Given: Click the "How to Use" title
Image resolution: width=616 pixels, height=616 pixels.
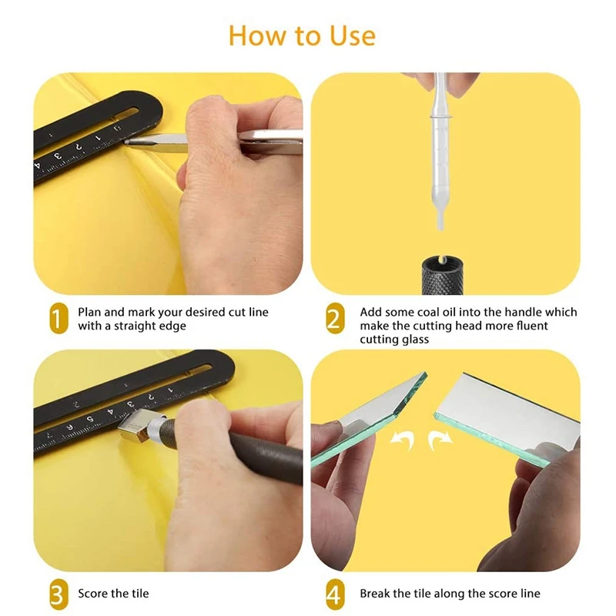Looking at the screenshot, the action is pos(302,36).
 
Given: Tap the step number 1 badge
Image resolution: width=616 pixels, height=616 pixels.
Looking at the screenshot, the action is pos(59,319).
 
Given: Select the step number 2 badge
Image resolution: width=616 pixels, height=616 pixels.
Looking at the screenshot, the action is pos(335,319).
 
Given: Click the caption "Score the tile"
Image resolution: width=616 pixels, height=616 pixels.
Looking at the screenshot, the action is pos(113,593).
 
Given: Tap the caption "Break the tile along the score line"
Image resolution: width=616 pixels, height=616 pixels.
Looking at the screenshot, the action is pos(450,593).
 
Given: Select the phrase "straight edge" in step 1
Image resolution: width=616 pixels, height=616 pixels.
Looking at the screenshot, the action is pos(149,326).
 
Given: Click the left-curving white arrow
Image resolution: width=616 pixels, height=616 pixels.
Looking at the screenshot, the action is pos(402,440).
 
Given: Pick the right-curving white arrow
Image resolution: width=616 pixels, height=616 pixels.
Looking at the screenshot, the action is pos(440,440).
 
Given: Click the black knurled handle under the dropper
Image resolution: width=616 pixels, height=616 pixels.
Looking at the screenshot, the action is pos(441,275).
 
